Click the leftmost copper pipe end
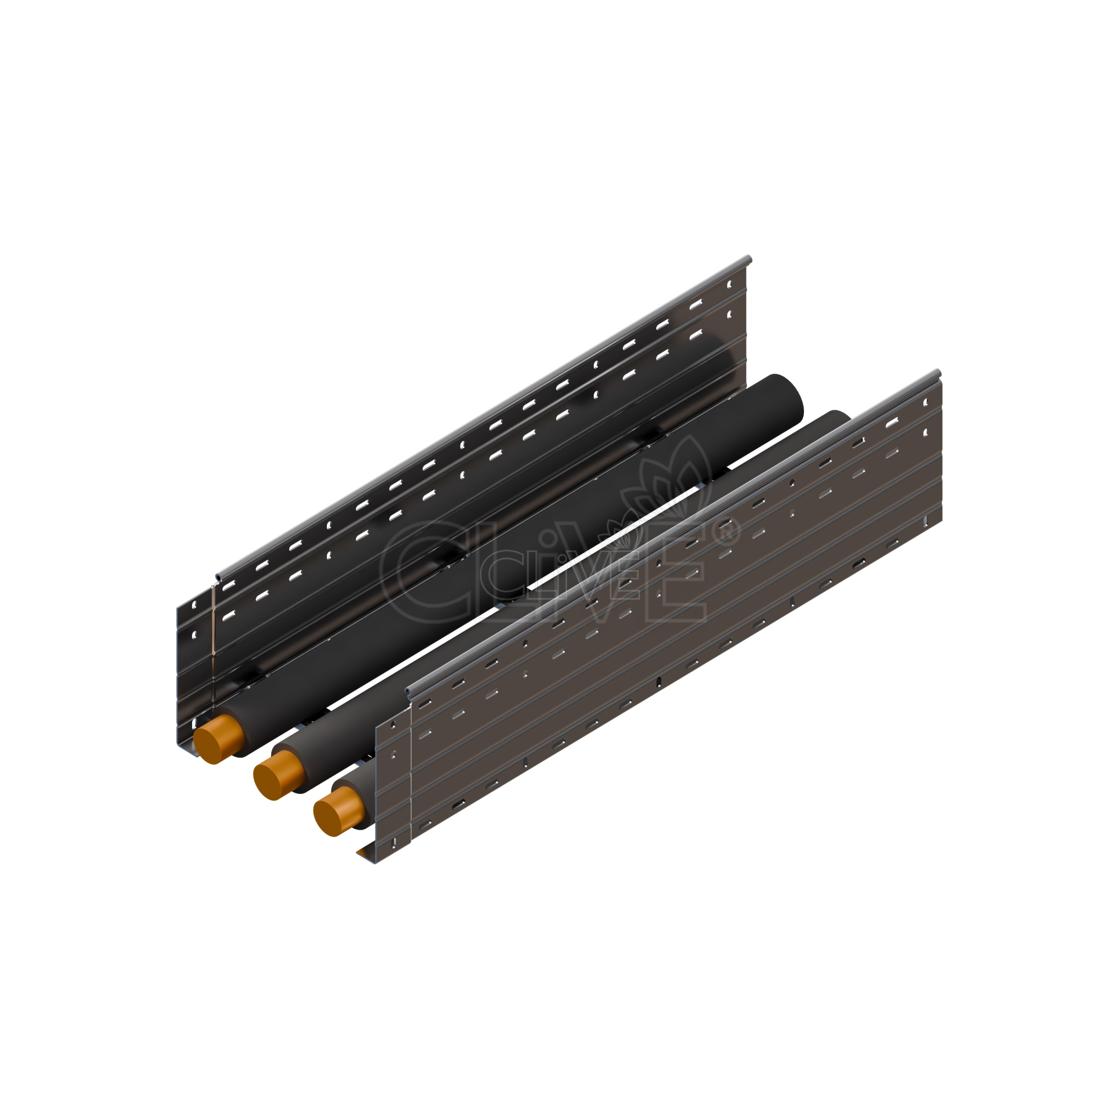(217, 738)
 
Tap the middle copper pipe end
(278, 775)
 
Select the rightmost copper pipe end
(338, 811)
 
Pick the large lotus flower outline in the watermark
(666, 478)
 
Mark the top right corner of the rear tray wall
(750, 257)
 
